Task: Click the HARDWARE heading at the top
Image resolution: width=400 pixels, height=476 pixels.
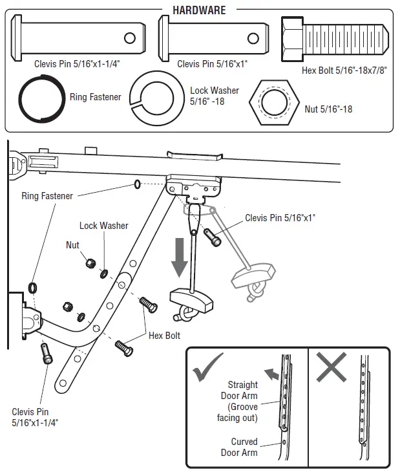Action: [200, 11]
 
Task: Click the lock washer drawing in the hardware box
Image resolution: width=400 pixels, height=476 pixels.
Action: [157, 97]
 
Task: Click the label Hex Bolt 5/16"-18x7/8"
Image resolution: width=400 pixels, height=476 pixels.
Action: [343, 70]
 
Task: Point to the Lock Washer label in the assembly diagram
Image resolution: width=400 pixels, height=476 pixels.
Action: [103, 226]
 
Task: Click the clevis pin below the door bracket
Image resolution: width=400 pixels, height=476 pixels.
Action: [46, 354]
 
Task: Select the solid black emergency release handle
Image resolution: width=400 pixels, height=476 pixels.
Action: [191, 299]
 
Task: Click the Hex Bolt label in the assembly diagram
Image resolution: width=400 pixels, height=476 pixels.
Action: [164, 336]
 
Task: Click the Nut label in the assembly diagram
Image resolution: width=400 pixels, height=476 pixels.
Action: [73, 245]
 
